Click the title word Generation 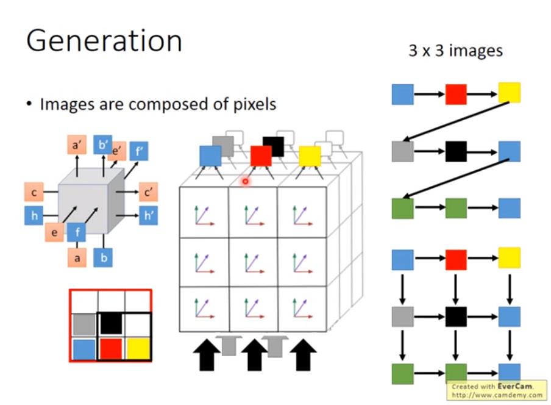tap(104, 41)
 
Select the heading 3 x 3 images tap(455, 51)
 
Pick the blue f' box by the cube tap(138, 151)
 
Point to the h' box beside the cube tap(148, 215)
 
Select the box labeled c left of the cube tap(34, 193)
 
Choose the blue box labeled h tap(34, 215)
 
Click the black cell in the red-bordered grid tap(110, 323)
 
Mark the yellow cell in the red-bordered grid tap(138, 349)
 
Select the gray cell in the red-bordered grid tap(84, 323)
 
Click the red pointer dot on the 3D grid tap(245, 181)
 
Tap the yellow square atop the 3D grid tap(310, 156)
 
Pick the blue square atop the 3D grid tap(210, 156)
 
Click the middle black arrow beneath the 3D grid tap(254, 355)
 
